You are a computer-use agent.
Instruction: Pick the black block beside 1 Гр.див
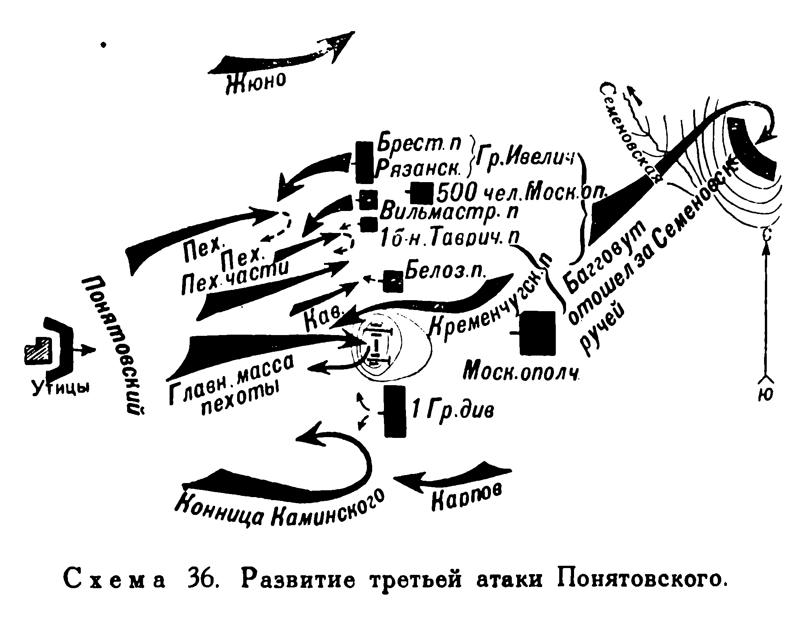(x=395, y=411)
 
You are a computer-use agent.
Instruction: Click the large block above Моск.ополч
(x=537, y=333)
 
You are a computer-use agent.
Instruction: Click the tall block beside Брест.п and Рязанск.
(x=364, y=162)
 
